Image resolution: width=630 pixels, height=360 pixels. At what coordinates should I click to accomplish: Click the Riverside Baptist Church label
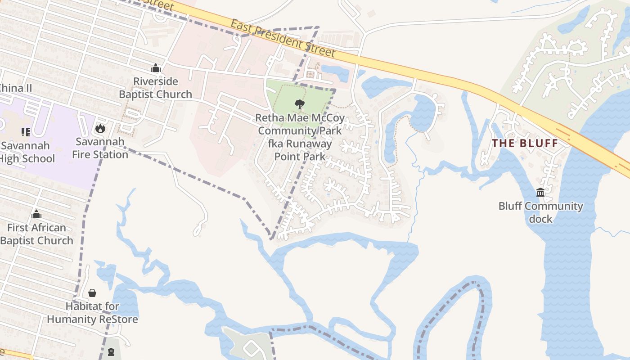(155, 88)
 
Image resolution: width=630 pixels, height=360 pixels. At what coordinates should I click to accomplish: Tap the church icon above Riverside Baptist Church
(156, 68)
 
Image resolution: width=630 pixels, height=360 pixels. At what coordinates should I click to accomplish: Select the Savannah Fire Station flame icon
(100, 129)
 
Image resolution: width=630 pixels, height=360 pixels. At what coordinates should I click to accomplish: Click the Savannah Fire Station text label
(100, 148)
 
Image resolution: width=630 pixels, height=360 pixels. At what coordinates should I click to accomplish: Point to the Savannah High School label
(27, 152)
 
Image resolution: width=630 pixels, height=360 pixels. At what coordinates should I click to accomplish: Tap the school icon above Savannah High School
(25, 132)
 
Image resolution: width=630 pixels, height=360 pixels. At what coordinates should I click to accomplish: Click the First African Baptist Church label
(36, 234)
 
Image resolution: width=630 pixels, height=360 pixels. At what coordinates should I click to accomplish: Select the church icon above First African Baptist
(36, 214)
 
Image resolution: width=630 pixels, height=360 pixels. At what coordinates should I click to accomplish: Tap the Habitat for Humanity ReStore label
(92, 313)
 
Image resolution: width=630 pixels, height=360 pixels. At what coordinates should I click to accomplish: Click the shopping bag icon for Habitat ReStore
(92, 293)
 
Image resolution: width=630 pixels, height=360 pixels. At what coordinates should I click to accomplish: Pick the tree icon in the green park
(299, 104)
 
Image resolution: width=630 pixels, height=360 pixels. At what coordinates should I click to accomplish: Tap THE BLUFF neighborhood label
(525, 144)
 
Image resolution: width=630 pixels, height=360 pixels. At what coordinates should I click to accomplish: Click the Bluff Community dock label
(540, 212)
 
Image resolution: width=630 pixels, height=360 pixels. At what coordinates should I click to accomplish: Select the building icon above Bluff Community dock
(540, 193)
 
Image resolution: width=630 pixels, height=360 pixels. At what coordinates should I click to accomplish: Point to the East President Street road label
(283, 38)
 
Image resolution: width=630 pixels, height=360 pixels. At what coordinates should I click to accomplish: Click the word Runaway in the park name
(309, 144)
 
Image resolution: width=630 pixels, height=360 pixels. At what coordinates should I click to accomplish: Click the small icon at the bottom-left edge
(111, 352)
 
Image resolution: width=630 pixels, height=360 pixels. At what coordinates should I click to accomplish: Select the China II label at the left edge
(15, 88)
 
